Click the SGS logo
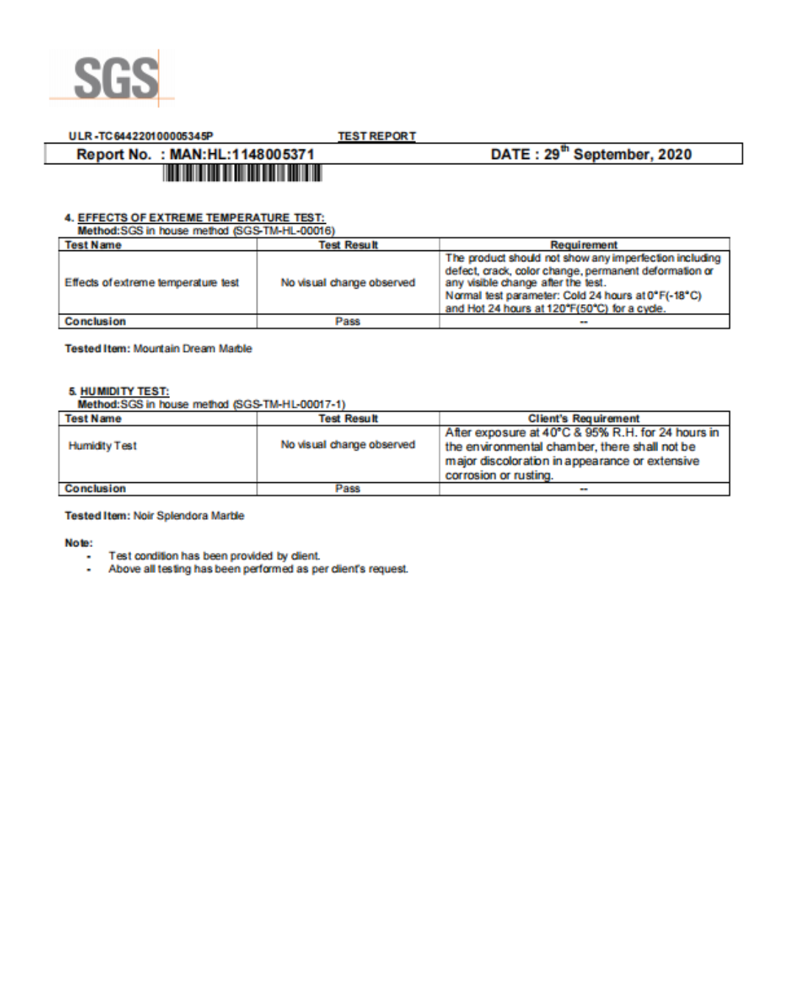115,77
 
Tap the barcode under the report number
242,174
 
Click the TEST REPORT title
376,136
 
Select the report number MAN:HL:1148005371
241,155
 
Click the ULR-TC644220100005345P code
141,136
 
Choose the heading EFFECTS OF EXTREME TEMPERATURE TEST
200,218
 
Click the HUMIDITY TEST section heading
124,392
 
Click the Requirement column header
584,245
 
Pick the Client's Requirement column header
584,419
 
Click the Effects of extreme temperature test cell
152,283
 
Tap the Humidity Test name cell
102,446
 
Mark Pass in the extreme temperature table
347,322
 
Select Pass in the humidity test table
347,489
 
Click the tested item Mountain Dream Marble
192,349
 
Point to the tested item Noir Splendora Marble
188,516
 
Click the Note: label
79,543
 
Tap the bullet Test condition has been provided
213,557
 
